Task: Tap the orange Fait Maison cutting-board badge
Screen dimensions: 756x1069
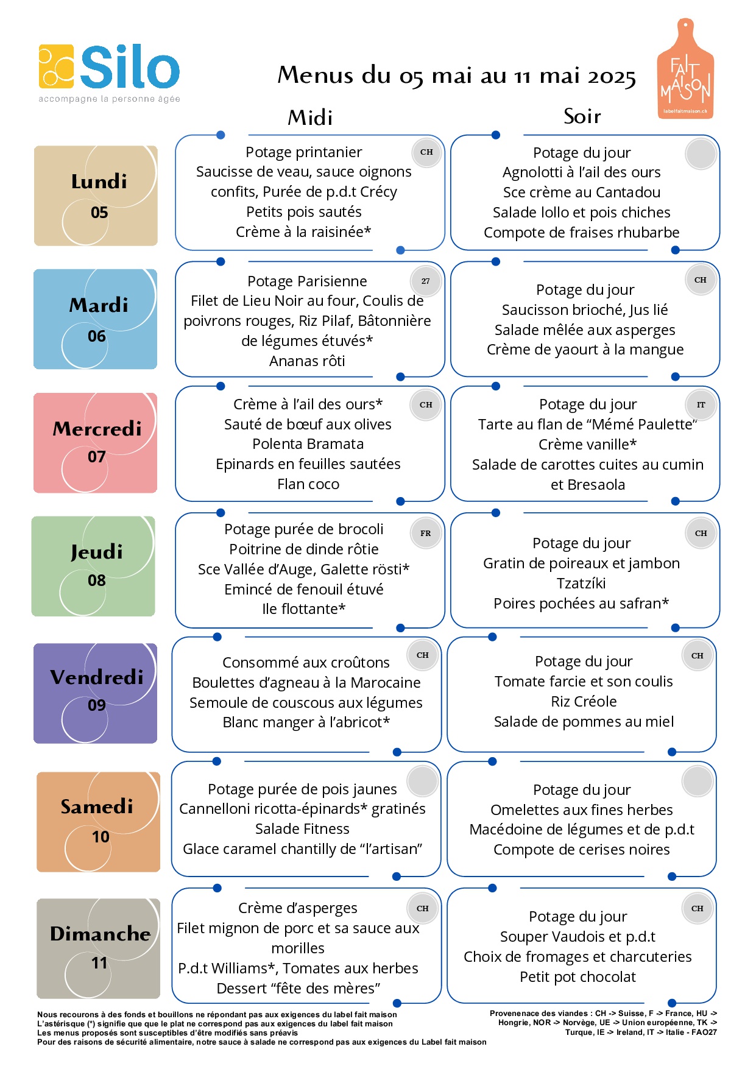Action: point(685,69)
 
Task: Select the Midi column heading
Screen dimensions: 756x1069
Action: point(310,118)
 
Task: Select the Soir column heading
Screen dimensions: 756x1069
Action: point(582,116)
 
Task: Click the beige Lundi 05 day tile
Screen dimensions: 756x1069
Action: point(96,196)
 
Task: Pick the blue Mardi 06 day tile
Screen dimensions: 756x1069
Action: point(95,319)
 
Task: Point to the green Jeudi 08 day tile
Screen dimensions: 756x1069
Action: point(93,566)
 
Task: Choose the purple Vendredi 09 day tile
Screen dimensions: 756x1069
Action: point(95,693)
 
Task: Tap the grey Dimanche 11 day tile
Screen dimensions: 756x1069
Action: point(98,948)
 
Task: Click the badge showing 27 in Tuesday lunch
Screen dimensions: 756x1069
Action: point(425,281)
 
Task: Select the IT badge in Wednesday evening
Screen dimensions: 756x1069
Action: point(701,404)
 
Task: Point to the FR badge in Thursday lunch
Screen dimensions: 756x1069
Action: point(425,533)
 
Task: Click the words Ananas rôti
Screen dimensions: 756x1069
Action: point(307,361)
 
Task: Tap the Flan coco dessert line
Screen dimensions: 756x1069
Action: point(308,484)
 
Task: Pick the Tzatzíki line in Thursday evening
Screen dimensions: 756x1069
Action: point(581,584)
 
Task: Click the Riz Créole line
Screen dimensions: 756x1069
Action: point(584,702)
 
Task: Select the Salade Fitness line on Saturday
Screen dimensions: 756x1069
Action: point(302,829)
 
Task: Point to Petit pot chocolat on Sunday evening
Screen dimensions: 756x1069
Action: point(578,977)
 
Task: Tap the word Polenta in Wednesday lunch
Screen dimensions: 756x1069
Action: point(278,444)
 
